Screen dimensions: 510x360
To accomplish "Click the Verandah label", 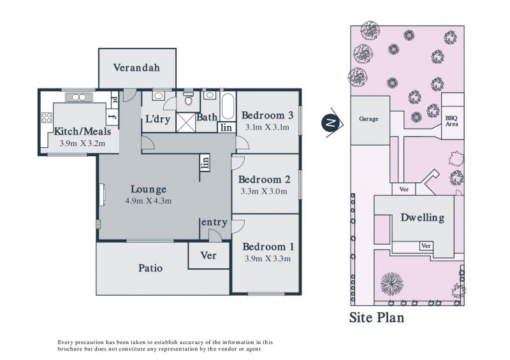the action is tap(136, 68).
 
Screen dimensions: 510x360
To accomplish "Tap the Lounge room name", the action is tap(149, 189).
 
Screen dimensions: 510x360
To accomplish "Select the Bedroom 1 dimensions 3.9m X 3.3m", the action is tap(267, 259).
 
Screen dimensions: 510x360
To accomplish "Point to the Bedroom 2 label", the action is tap(264, 180).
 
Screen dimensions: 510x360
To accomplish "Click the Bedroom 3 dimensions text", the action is tap(267, 127).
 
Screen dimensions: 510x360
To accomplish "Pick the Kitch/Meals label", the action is tap(82, 132).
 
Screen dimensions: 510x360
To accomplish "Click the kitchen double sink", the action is tap(79, 97).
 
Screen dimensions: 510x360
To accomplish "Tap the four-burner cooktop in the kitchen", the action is tap(47, 117).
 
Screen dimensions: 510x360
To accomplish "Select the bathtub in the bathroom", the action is tap(228, 106).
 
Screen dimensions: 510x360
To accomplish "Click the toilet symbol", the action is tap(188, 98).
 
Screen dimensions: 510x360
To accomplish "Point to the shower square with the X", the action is tap(186, 122).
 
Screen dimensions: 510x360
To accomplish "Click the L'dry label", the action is tap(157, 119).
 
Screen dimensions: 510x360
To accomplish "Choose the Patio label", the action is tap(150, 268).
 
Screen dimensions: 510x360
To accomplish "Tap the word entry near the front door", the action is tap(214, 223).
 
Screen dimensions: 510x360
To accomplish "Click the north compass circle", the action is tap(330, 122).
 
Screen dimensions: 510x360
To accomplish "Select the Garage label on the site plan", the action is tap(368, 119).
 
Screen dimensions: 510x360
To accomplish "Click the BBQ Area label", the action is tap(452, 121).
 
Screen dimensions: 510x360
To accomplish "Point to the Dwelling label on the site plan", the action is tap(423, 217).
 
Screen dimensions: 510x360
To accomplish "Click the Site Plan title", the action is tap(377, 317).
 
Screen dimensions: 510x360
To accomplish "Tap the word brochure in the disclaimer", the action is tap(69, 349).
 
